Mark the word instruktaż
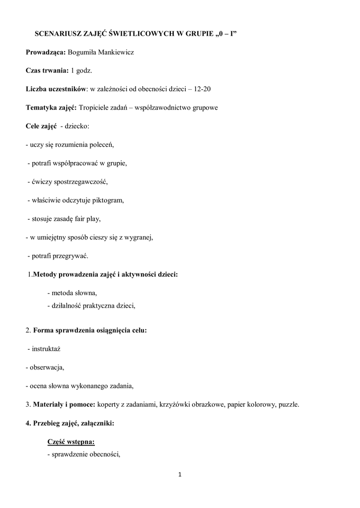click(x=46, y=349)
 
